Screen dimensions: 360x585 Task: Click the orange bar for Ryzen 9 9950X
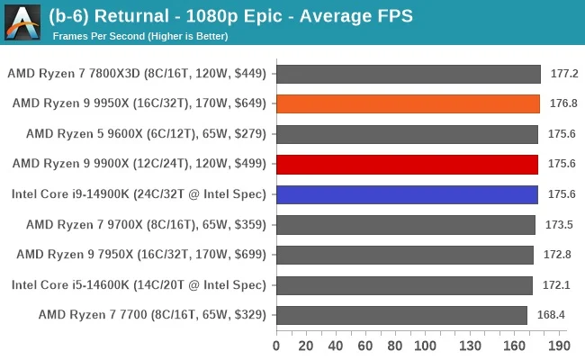coord(408,103)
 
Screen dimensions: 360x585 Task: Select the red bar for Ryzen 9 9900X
coord(407,164)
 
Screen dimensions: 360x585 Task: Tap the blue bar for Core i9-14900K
coord(407,194)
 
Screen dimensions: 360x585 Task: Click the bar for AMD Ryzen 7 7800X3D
coord(408,73)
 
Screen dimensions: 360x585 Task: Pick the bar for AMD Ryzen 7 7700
coord(401,315)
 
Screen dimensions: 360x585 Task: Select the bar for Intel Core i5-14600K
coord(404,285)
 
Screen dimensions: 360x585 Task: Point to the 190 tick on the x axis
coord(558,345)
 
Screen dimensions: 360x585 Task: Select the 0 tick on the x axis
coord(276,345)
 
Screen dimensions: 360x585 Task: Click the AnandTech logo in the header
coord(22,22)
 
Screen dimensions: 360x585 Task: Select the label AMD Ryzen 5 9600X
coord(147,134)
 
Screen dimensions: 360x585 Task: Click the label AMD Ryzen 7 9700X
coord(147,224)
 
